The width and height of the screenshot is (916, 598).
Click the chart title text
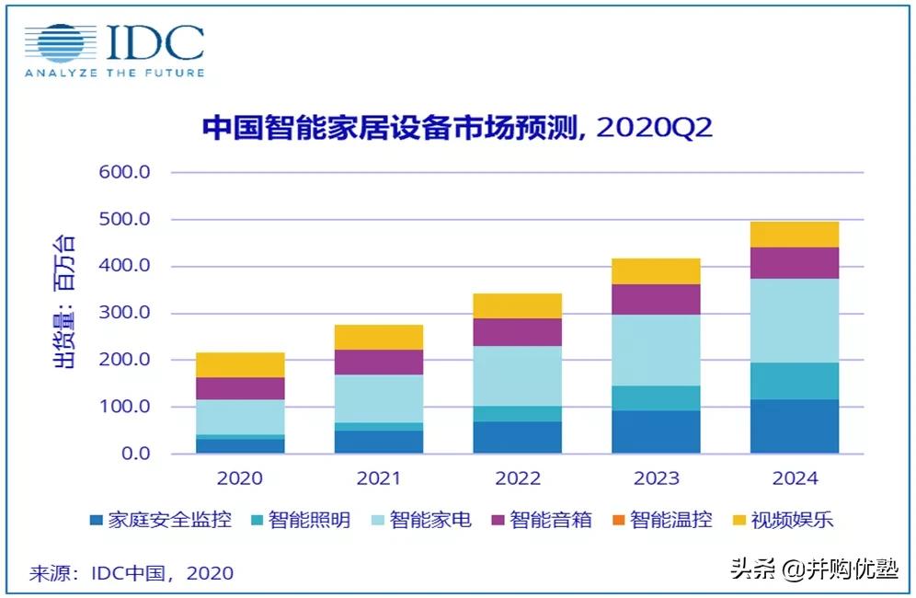(x=457, y=128)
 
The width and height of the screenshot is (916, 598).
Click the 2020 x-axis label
(x=240, y=478)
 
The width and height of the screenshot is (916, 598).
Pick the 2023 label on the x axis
(x=656, y=478)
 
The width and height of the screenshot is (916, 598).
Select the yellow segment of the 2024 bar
(x=795, y=235)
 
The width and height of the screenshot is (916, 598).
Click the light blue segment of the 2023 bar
(x=656, y=351)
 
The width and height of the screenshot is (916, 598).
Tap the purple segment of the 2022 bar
(x=518, y=332)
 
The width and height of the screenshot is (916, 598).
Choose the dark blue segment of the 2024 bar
(x=795, y=427)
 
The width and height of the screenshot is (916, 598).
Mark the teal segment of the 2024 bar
(x=795, y=381)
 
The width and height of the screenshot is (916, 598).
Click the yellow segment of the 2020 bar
(x=240, y=365)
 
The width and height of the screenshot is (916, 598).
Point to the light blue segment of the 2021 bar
(x=379, y=399)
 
